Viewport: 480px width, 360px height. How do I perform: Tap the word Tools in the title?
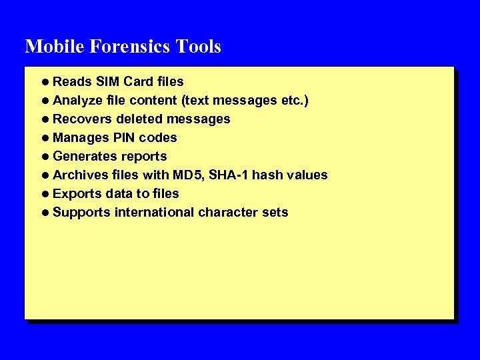click(199, 47)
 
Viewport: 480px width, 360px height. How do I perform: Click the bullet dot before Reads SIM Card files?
click(44, 82)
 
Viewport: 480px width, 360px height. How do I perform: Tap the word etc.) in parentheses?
click(293, 100)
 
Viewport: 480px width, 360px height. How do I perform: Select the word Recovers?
click(82, 119)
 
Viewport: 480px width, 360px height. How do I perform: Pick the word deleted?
click(139, 119)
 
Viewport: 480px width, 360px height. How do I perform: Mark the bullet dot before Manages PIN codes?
click(44, 138)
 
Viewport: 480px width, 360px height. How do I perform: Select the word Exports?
click(77, 193)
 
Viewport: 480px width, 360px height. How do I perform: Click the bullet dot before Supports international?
click(44, 213)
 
